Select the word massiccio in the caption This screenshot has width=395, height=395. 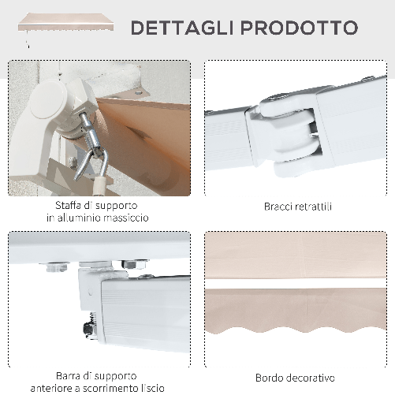125,218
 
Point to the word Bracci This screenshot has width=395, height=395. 277,207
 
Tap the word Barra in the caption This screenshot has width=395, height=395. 69,376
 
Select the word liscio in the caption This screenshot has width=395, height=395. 151,387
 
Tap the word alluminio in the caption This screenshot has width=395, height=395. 85,218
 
